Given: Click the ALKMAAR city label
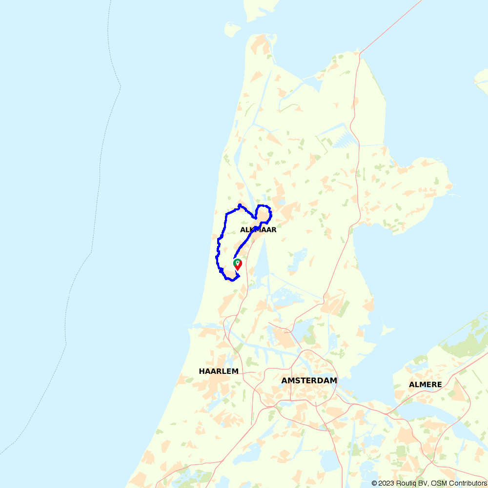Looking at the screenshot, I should pos(258,229).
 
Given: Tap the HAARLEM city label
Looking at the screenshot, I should pos(219,371).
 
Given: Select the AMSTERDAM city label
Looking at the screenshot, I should pos(309,380).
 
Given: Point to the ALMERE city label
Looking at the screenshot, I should pos(425,385).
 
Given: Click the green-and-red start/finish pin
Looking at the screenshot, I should pos(238,264).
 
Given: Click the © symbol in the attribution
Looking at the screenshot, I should pos(374,483).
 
